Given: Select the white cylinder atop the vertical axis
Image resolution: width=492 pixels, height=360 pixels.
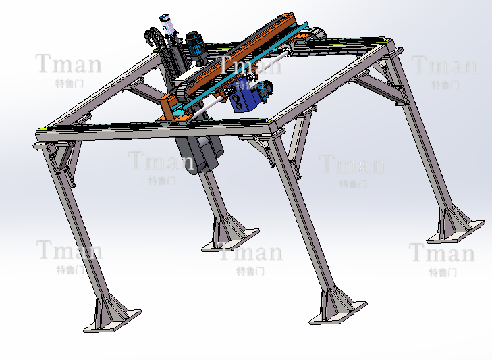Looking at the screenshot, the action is [167, 24].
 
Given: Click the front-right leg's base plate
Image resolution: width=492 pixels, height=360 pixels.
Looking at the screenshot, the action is [338, 313].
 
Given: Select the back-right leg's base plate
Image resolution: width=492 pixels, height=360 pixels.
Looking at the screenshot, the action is [456, 232].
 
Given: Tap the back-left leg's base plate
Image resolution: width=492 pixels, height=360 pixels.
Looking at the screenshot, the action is [230, 240].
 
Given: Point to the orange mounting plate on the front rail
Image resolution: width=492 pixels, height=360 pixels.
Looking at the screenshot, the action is [174, 118].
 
